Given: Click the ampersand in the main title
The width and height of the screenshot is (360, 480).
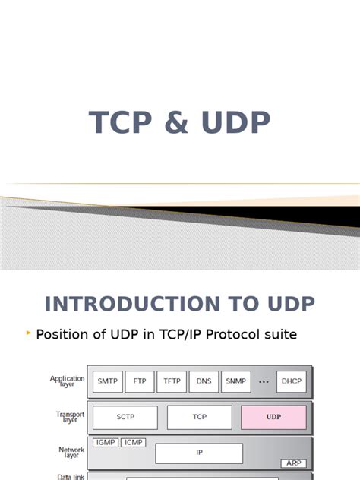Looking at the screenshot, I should (179, 123).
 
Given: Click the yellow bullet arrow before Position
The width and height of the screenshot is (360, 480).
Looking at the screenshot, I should (29, 333).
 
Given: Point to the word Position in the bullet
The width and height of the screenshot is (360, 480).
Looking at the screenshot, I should (65, 334).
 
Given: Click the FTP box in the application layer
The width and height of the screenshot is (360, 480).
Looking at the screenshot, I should (139, 381).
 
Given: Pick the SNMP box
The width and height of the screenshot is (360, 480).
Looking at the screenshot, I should (235, 381).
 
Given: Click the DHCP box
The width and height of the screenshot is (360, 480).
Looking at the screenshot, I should (292, 381).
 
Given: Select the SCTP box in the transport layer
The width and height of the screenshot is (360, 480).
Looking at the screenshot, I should (125, 418).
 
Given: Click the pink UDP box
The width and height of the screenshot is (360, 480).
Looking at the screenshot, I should (273, 418).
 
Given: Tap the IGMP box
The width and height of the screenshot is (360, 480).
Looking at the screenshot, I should (104, 442).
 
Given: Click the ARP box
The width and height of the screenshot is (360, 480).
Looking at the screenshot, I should (293, 463).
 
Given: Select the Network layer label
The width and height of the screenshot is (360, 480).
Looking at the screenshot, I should (71, 453).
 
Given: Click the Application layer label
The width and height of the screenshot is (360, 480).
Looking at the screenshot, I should (68, 381).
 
